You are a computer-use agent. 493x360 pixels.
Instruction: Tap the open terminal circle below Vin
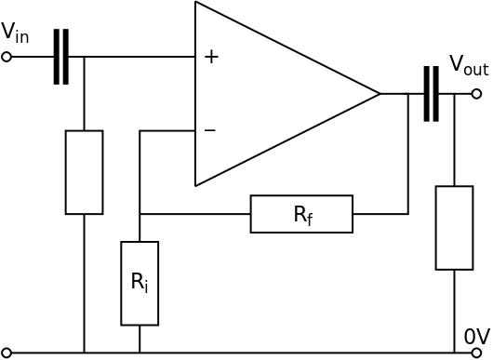7,57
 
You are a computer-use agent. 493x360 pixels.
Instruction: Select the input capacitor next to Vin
60,57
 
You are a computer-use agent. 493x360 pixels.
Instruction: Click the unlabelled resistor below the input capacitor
84,172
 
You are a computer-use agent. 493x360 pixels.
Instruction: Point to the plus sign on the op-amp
211,57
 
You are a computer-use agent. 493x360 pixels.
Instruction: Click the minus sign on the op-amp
210,130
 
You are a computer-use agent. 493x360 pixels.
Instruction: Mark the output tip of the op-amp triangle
380,93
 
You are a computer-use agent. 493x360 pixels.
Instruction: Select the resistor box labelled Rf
301,214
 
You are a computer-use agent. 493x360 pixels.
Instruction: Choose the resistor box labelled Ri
140,283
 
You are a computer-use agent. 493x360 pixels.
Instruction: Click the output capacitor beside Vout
430,93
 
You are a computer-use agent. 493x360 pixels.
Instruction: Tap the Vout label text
468,64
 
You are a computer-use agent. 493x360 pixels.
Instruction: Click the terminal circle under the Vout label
476,93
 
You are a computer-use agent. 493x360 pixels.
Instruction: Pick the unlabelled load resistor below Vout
454,228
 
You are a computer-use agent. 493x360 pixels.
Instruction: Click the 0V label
476,336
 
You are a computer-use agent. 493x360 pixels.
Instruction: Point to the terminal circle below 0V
476,353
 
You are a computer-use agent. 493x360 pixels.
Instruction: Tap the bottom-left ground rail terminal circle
7,353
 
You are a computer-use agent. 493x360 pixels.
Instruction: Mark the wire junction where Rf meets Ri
140,214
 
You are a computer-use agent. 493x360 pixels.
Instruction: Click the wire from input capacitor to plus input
140,57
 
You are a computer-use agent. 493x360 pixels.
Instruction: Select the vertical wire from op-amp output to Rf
407,153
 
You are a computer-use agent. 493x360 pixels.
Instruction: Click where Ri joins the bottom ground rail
140,353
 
